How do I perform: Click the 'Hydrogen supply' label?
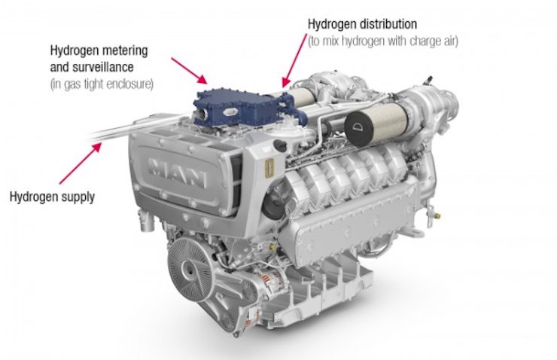tap(52, 197)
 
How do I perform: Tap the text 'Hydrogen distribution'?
tap(362, 24)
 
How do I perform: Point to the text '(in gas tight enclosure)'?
tap(102, 84)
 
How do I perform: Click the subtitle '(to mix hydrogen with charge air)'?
tap(383, 41)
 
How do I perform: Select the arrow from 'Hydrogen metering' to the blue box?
tap(189, 70)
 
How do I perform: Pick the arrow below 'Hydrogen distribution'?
tap(294, 61)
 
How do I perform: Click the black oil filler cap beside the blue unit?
tap(281, 145)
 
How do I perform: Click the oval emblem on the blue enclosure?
tap(230, 112)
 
